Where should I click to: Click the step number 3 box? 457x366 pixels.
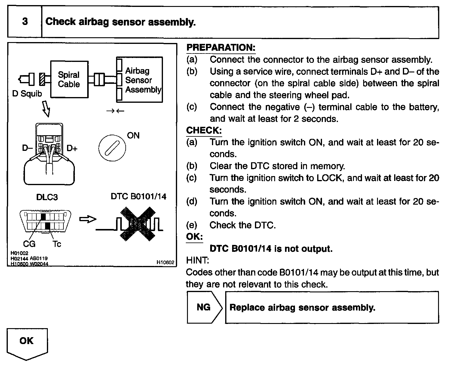pyautogui.click(x=25, y=22)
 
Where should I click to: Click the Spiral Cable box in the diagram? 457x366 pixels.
pyautogui.click(x=69, y=79)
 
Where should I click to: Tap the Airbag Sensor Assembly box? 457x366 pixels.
pyautogui.click(x=140, y=80)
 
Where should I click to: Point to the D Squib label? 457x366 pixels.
pyautogui.click(x=27, y=94)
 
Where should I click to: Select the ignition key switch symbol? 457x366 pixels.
pyautogui.click(x=112, y=148)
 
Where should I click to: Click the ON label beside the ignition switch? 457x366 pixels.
pyautogui.click(x=133, y=136)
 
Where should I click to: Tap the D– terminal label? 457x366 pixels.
pyautogui.click(x=27, y=148)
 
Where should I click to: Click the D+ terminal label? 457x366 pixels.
pyautogui.click(x=72, y=148)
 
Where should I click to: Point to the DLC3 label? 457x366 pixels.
pyautogui.click(x=47, y=197)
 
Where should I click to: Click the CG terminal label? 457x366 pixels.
pyautogui.click(x=29, y=244)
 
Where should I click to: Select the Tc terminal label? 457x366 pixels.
pyautogui.click(x=57, y=244)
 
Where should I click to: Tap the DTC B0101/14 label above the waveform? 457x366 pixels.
pyautogui.click(x=138, y=197)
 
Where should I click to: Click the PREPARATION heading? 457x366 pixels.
pyautogui.click(x=221, y=47)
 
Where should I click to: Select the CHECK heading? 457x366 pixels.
pyautogui.click(x=204, y=130)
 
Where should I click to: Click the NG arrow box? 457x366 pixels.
pyautogui.click(x=204, y=307)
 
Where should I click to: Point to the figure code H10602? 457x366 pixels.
pyautogui.click(x=165, y=262)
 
